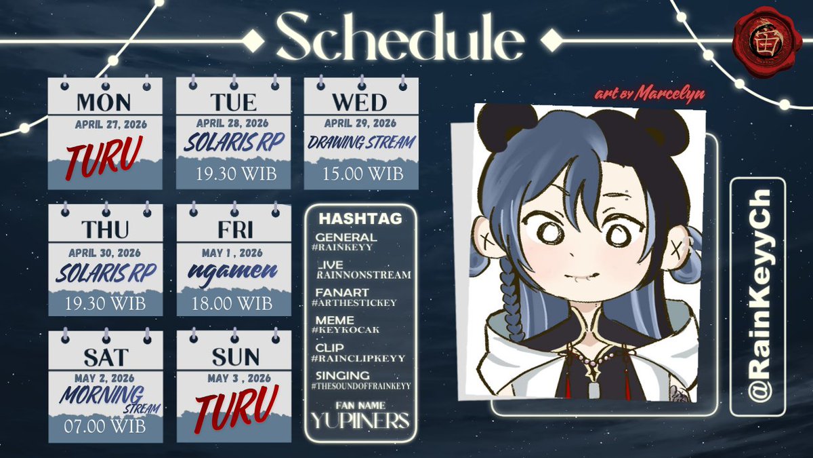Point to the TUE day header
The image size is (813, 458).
pyautogui.click(x=233, y=102)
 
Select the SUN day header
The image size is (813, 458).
pyautogui.click(x=233, y=356)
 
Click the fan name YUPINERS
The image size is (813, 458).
pyautogui.click(x=360, y=421)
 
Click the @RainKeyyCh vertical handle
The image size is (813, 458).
pyautogui.click(x=757, y=296)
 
